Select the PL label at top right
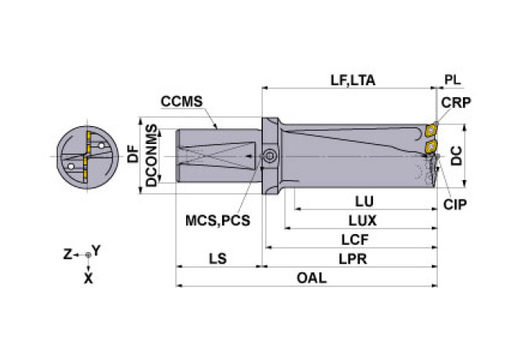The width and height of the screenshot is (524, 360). click(453, 79)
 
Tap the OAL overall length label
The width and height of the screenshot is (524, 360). click(310, 278)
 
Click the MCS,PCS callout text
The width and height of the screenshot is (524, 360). click(218, 220)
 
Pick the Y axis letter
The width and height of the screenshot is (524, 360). click(95, 250)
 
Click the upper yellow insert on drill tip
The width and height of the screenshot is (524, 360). click(430, 130)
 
